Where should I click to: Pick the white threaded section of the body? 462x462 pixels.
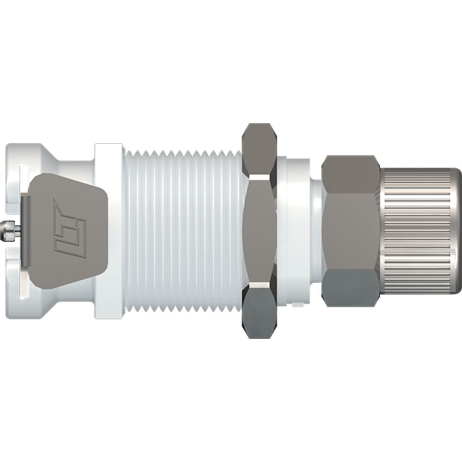[182, 231]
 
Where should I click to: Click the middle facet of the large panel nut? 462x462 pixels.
[259, 231]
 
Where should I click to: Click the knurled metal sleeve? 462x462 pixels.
[416, 231]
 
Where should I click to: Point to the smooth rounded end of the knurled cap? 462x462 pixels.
[457, 231]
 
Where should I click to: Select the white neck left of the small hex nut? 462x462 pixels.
[315, 231]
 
